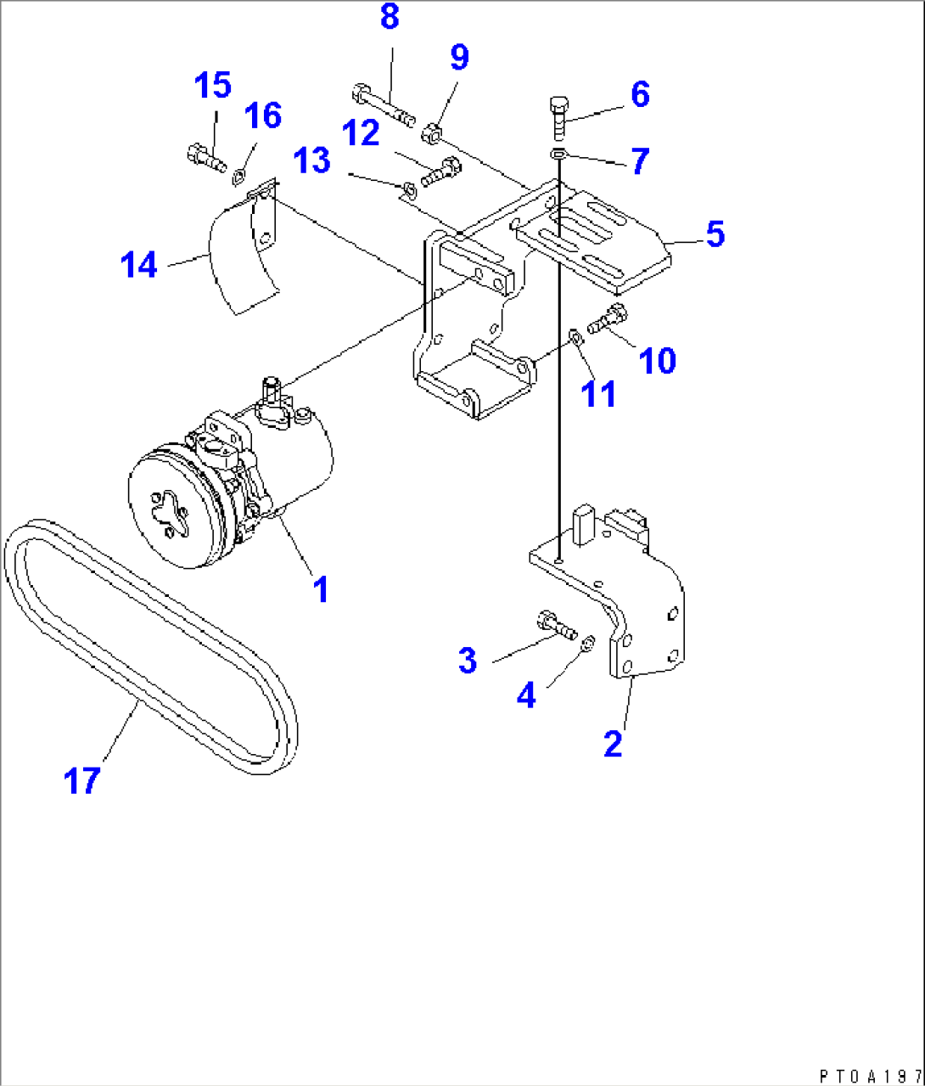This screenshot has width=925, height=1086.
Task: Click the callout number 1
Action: (321, 588)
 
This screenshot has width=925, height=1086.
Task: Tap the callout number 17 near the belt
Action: (82, 780)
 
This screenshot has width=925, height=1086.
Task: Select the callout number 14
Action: (139, 265)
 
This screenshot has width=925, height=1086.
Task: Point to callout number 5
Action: (715, 234)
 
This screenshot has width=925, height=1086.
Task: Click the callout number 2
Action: (612, 743)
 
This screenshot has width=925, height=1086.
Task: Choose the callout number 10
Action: (657, 360)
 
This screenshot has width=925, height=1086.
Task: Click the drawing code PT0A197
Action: (869, 1076)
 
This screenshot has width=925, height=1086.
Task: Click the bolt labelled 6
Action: (558, 117)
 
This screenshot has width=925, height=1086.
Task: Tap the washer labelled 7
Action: (558, 154)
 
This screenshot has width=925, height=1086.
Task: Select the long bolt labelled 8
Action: (381, 101)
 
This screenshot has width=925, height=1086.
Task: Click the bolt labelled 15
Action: (205, 157)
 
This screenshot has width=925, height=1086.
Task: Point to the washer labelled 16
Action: (239, 176)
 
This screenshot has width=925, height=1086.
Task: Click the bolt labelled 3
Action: (557, 627)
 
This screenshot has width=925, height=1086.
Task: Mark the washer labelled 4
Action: (586, 650)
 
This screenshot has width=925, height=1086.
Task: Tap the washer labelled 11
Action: (575, 338)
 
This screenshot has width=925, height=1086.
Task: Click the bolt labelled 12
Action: (440, 171)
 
